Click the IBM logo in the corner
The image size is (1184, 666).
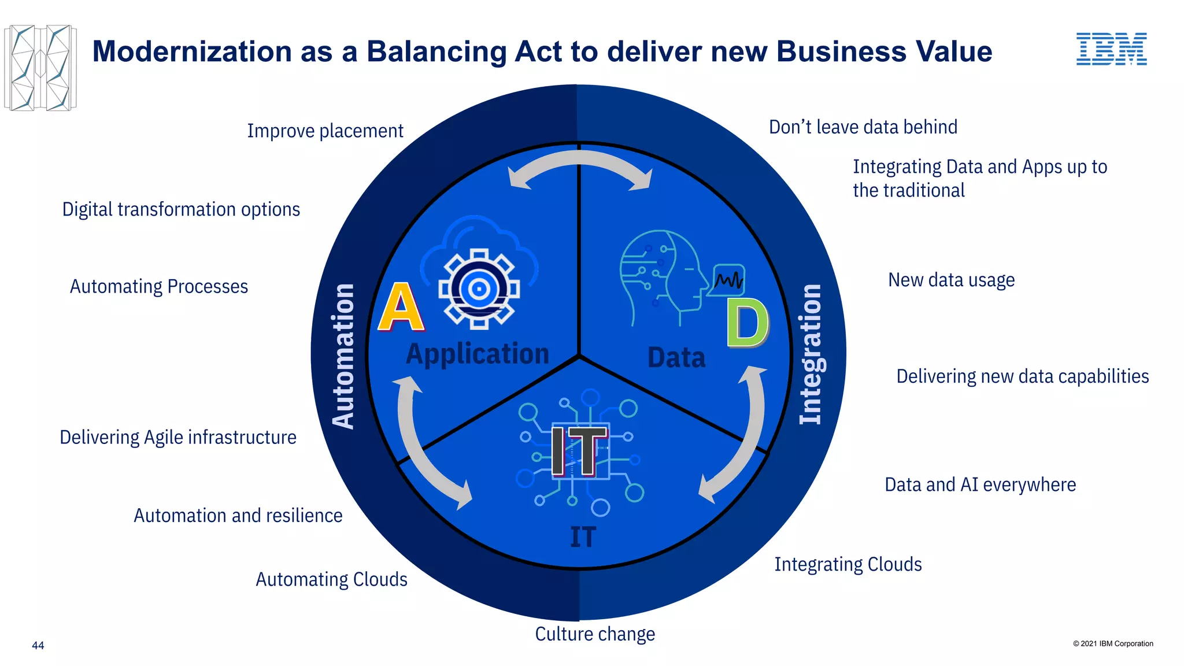(x=1111, y=49)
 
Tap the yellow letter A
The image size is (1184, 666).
(x=401, y=307)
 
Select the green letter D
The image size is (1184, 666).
(x=748, y=323)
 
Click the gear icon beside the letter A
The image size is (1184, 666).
(x=479, y=289)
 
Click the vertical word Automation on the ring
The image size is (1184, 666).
(x=343, y=356)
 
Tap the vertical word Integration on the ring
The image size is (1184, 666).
(x=811, y=354)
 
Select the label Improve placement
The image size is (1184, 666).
(x=325, y=131)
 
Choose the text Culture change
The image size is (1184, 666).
(x=595, y=634)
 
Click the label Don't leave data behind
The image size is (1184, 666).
(x=863, y=127)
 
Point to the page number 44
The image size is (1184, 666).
(x=38, y=645)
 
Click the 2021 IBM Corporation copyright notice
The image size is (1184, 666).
(x=1113, y=643)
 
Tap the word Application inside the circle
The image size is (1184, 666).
(x=478, y=354)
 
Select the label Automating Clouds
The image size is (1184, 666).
(x=331, y=579)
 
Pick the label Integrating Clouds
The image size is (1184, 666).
(x=848, y=564)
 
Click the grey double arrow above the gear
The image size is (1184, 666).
(x=580, y=168)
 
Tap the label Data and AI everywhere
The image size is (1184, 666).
(x=980, y=484)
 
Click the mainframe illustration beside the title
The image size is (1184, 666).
(x=40, y=68)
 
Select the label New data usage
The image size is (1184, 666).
(x=951, y=280)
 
